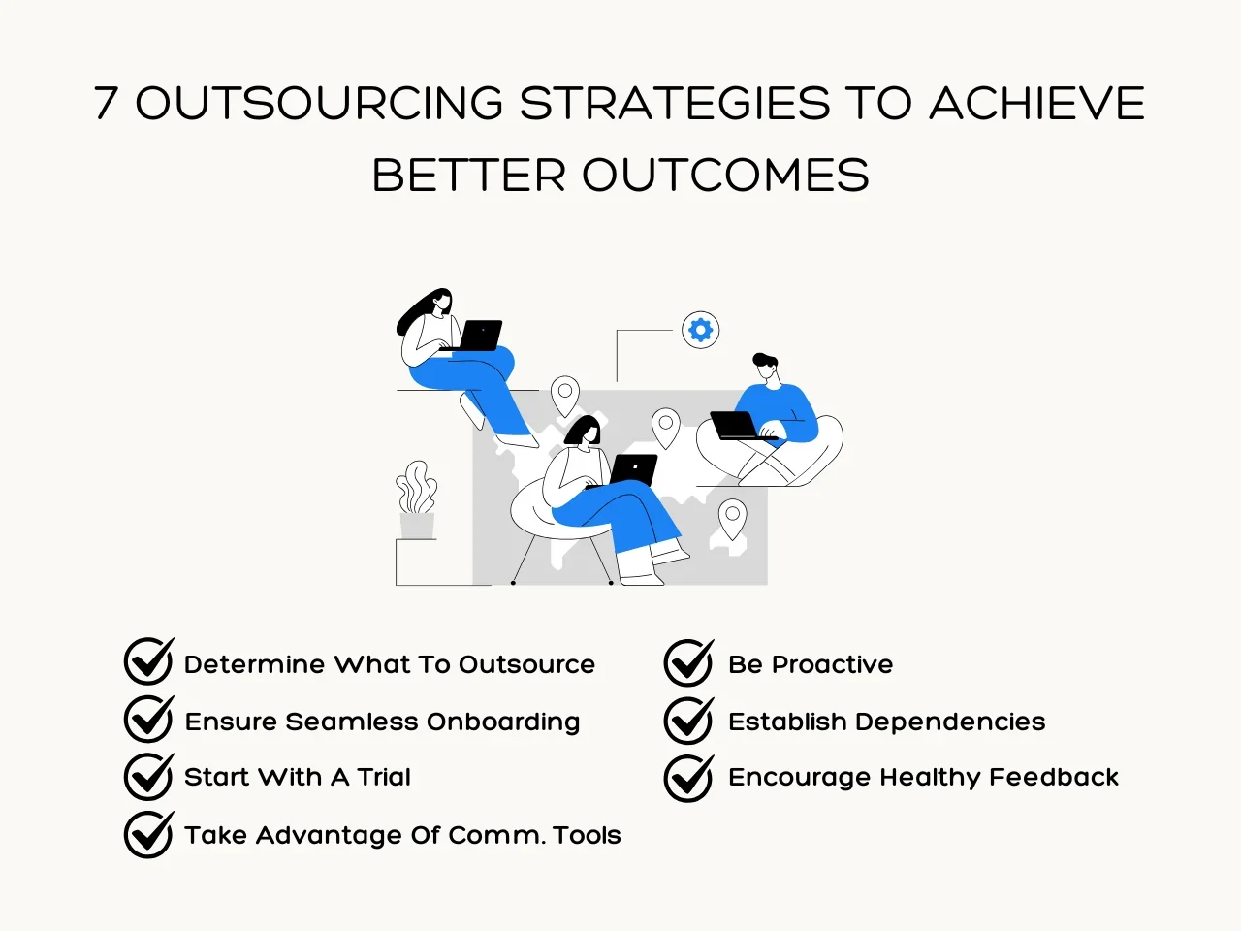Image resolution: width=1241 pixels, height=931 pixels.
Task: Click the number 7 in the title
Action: click(106, 103)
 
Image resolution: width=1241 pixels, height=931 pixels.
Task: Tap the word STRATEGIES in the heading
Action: click(675, 103)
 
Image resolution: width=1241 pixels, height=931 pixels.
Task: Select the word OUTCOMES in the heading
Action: click(725, 175)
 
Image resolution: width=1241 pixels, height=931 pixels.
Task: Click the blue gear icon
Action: click(701, 330)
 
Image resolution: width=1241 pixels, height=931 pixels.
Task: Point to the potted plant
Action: click(417, 499)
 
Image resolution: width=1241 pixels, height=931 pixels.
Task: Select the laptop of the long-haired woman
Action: click(476, 336)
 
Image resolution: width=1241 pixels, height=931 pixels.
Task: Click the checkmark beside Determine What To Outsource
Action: click(148, 660)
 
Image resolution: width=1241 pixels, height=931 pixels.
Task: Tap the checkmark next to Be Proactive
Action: click(688, 662)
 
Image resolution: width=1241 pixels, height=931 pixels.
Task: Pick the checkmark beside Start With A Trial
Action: click(148, 776)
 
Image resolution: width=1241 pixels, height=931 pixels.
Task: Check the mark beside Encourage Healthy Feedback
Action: click(688, 778)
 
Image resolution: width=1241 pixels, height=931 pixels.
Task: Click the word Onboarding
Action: click(503, 722)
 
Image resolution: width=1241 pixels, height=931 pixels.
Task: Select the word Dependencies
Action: click(950, 722)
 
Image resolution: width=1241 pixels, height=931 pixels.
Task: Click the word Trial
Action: click(384, 777)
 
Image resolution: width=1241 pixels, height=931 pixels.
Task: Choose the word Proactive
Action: click(832, 664)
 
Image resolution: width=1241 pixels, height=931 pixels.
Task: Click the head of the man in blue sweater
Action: click(766, 368)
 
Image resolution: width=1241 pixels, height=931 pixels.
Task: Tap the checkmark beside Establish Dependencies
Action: click(688, 721)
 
